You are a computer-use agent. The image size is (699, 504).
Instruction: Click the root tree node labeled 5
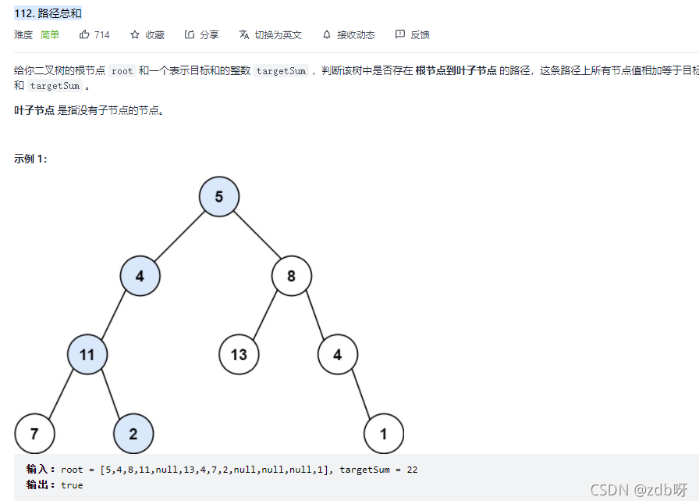[x=218, y=197]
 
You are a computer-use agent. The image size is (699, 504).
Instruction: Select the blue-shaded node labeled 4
[x=140, y=276]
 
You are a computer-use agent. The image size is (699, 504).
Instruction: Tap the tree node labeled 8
[x=291, y=276]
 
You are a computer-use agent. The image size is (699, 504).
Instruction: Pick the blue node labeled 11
[x=87, y=355]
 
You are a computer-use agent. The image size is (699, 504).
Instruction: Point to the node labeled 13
[x=239, y=355]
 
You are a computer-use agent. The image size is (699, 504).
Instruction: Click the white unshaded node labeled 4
[x=337, y=355]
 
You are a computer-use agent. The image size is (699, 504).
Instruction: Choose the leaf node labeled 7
[x=34, y=434]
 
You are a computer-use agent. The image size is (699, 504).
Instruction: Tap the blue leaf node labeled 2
[x=133, y=434]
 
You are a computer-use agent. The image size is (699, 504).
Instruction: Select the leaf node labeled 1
[x=383, y=434]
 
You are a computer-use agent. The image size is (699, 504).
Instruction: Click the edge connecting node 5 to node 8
[x=255, y=236]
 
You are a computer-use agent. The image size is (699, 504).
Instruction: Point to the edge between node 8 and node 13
[x=265, y=315]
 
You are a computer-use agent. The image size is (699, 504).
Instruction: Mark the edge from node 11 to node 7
[x=61, y=394]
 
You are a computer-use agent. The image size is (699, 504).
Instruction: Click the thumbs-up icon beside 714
[x=84, y=34]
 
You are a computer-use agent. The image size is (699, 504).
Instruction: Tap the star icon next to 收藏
[x=135, y=34]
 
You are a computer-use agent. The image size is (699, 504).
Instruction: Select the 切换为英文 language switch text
[x=278, y=35]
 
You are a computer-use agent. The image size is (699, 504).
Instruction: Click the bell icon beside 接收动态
[x=326, y=34]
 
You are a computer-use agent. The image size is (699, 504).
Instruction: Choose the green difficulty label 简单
[x=50, y=35]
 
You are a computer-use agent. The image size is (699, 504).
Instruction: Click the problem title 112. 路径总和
[x=48, y=13]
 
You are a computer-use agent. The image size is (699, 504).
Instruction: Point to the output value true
[x=72, y=485]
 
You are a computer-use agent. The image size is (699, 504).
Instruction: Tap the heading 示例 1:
[x=30, y=159]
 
